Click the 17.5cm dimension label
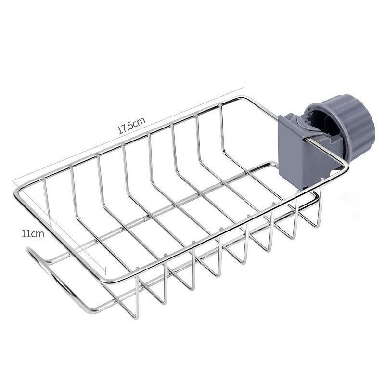click(132, 126)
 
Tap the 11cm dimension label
click(33, 233)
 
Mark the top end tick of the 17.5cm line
click(245, 86)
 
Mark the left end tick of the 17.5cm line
click(12, 181)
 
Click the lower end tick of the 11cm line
click(105, 271)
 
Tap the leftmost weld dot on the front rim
click(137, 268)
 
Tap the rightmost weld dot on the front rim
click(274, 204)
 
